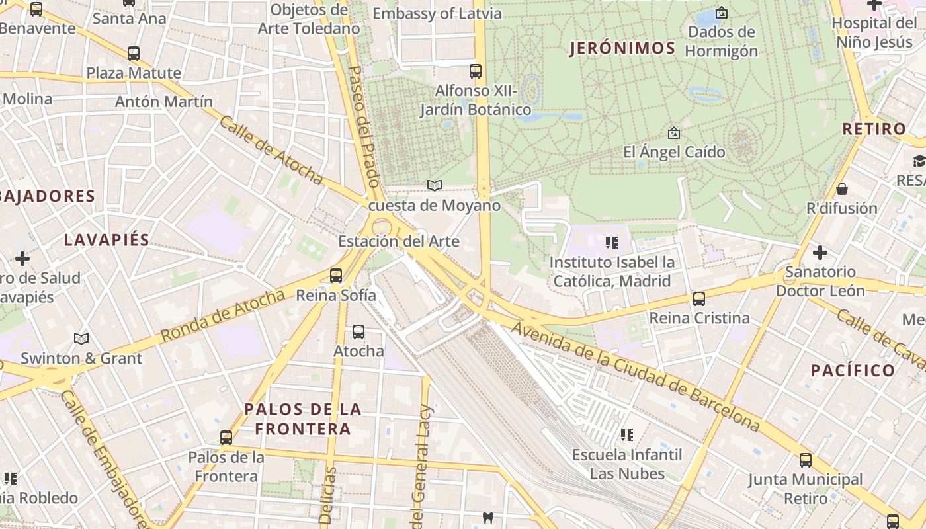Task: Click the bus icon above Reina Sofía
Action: [336, 276]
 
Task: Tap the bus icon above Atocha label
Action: [358, 332]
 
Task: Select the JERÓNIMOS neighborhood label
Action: [622, 48]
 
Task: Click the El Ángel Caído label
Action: [674, 152]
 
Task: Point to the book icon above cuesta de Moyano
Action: [434, 186]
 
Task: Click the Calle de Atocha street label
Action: [271, 151]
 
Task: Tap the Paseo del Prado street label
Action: [363, 126]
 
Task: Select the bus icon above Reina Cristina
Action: [699, 299]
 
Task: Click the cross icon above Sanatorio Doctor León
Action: [820, 253]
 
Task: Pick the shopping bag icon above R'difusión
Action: [842, 189]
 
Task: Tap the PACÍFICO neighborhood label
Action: [853, 370]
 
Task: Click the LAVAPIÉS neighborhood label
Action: [106, 240]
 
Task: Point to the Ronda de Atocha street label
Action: [222, 316]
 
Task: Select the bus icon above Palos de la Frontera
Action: [226, 438]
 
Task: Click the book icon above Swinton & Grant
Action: [81, 339]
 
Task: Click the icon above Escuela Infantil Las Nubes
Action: [626, 435]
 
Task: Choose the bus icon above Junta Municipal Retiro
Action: [805, 460]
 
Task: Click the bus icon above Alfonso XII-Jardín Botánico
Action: [476, 71]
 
